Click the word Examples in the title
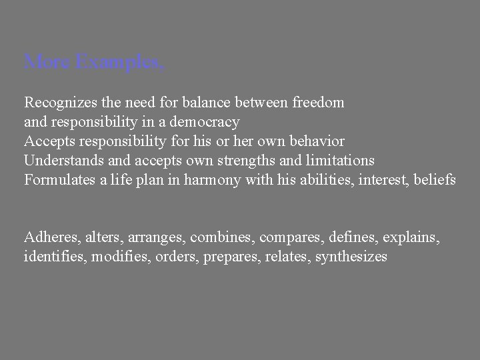pyautogui.click(x=119, y=63)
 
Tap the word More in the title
pyautogui.click(x=47, y=63)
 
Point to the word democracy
pyautogui.click(x=207, y=123)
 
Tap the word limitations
pyautogui.click(x=341, y=161)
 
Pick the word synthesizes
pyautogui.click(x=351, y=257)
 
